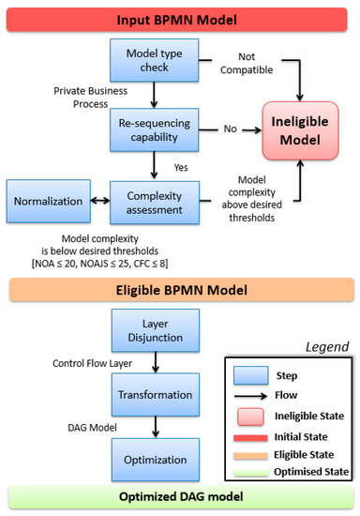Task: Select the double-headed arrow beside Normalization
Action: tap(97, 202)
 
